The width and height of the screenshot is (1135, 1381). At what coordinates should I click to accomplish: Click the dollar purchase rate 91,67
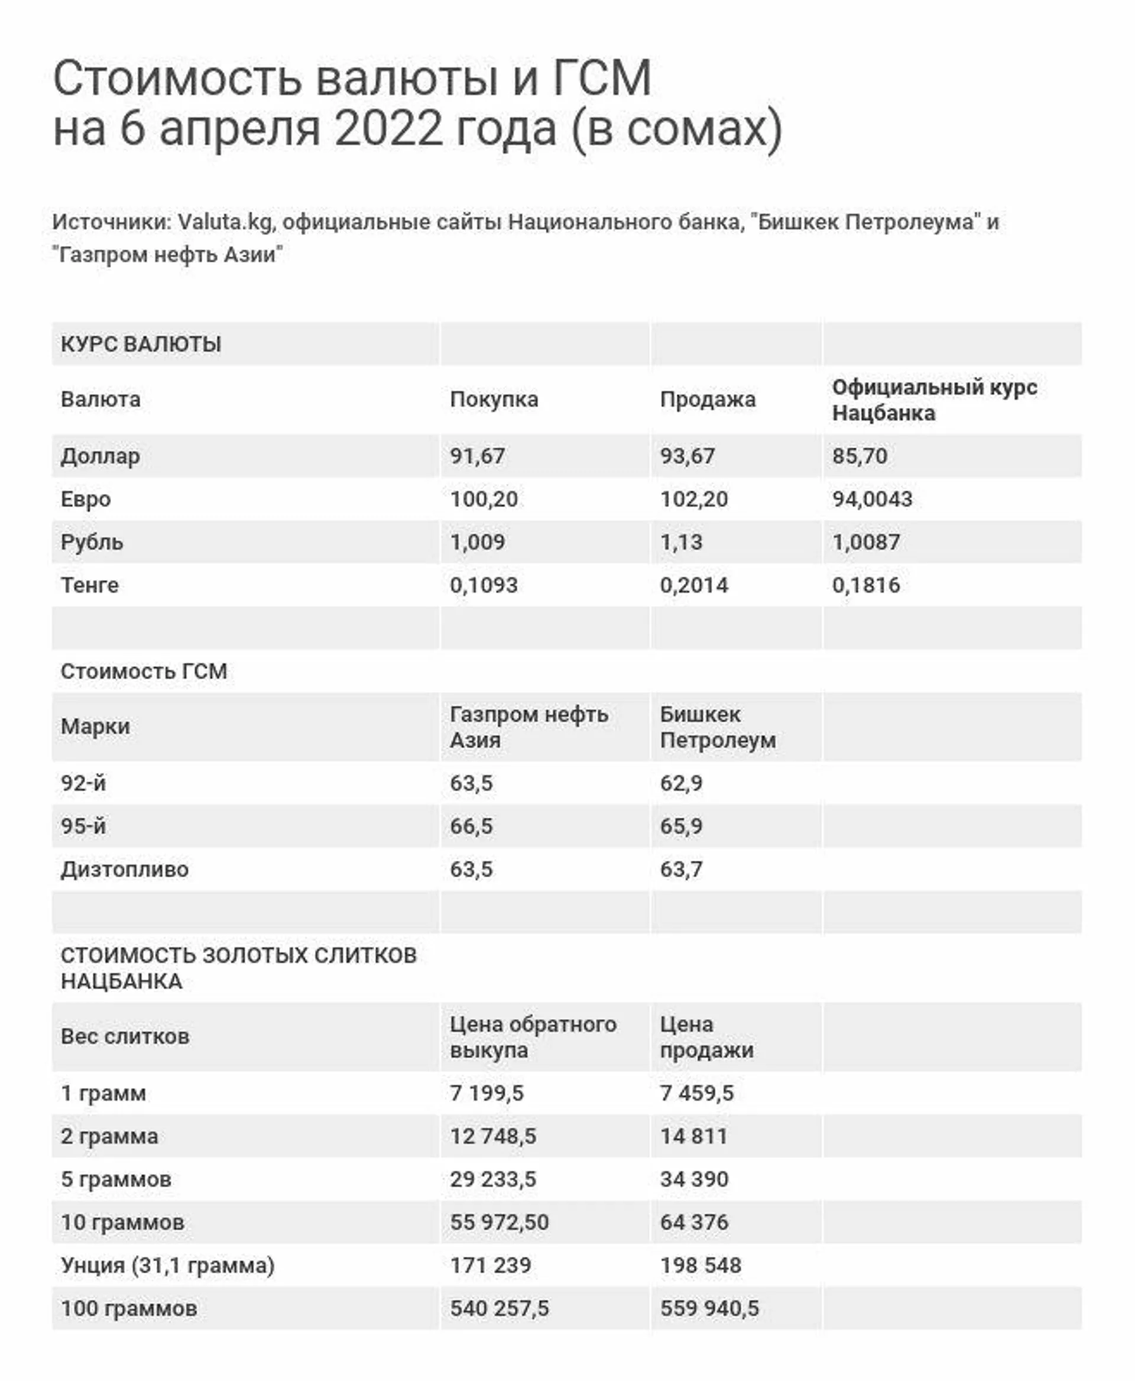pyautogui.click(x=477, y=456)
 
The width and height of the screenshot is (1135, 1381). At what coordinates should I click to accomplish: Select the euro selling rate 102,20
pyautogui.click(x=693, y=499)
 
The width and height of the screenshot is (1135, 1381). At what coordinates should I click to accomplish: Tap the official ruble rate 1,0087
pyautogui.click(x=865, y=542)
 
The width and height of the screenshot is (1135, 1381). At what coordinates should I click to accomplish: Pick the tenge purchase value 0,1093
pyautogui.click(x=484, y=585)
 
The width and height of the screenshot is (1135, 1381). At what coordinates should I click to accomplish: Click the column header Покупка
pyautogui.click(x=494, y=400)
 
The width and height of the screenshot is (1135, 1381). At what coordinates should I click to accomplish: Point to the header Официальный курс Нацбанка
pyautogui.click(x=933, y=400)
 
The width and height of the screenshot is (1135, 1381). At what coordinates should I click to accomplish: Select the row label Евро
pyautogui.click(x=86, y=499)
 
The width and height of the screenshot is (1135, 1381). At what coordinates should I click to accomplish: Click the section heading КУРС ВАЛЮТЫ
pyautogui.click(x=141, y=344)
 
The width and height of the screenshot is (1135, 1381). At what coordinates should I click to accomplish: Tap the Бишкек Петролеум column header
pyautogui.click(x=717, y=727)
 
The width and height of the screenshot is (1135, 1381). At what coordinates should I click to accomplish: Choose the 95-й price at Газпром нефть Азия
pyautogui.click(x=471, y=826)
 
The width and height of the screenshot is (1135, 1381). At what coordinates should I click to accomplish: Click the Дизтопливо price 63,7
pyautogui.click(x=681, y=870)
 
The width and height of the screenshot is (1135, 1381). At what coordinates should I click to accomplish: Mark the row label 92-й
pyautogui.click(x=83, y=783)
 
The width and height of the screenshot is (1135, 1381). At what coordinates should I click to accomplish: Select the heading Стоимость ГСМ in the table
pyautogui.click(x=144, y=672)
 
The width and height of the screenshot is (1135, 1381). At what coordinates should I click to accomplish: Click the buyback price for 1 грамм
pyautogui.click(x=487, y=1093)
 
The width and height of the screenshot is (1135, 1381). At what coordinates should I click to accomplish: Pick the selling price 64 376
pyautogui.click(x=693, y=1222)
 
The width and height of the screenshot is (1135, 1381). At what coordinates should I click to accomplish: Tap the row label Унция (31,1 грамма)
pyautogui.click(x=167, y=1265)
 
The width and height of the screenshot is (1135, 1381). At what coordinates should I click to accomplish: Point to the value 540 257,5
pyautogui.click(x=500, y=1308)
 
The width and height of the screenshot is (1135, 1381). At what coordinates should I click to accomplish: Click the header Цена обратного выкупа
pyautogui.click(x=532, y=1037)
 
